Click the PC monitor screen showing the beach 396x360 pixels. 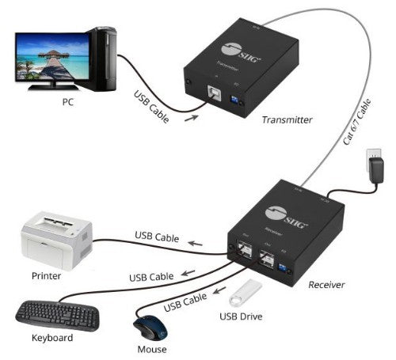click(49, 57)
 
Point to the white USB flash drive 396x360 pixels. click(246, 297)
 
